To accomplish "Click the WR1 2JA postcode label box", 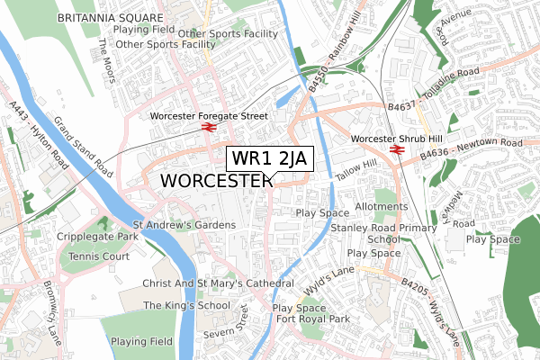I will click(269, 158).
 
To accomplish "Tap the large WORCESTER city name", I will click(216, 181).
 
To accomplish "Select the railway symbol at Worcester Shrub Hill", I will click(396, 151).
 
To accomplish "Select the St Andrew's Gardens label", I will click(184, 224).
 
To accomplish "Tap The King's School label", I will click(186, 306).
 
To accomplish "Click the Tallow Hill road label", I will click(355, 173).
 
